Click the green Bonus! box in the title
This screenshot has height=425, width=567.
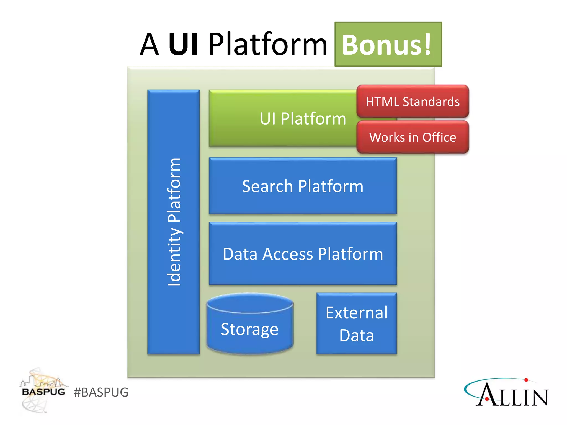click(388, 44)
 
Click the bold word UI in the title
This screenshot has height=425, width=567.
click(183, 44)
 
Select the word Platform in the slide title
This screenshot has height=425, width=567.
click(268, 44)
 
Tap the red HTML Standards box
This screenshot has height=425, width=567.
click(413, 102)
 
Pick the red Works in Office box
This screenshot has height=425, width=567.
click(413, 137)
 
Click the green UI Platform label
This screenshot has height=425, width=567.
click(303, 119)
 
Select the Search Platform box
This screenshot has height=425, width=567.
click(303, 186)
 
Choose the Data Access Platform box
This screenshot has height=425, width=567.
click(303, 254)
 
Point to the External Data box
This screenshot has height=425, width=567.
click(357, 324)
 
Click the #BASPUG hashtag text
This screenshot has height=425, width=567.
click(101, 392)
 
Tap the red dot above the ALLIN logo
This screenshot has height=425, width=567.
click(526, 380)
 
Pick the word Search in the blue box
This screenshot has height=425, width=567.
click(267, 186)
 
